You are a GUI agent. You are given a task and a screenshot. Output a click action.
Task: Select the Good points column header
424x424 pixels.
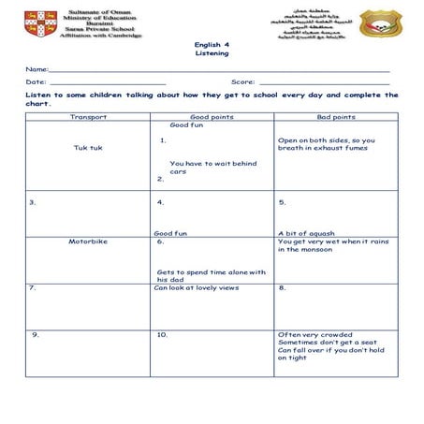pos(212,117)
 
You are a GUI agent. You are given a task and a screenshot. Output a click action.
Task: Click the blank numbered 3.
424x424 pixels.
pos(33,201)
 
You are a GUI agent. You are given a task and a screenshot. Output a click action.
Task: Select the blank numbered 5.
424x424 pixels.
pos(283,201)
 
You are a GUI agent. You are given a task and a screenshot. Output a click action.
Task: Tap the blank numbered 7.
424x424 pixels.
pos(33,287)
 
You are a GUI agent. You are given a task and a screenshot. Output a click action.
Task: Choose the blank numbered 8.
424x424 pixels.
pos(283,287)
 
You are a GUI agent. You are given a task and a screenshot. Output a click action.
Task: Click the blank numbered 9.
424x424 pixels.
pos(35,334)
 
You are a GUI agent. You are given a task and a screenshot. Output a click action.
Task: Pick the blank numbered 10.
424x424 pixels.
pos(162,334)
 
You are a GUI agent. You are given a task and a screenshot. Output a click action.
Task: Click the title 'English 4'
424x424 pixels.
pos(212,44)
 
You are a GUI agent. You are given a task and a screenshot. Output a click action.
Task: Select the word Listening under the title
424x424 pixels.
pos(212,53)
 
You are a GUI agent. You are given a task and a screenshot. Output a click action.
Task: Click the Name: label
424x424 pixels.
pos(37,70)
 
